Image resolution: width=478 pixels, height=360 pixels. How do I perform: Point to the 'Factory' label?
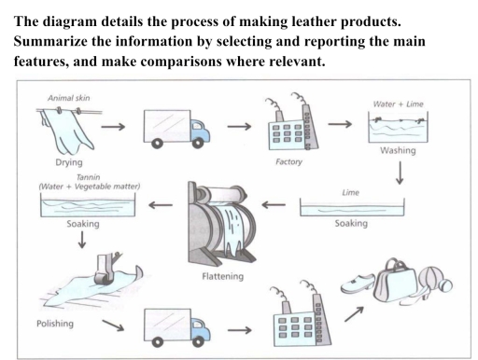pyautogui.click(x=286, y=160)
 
